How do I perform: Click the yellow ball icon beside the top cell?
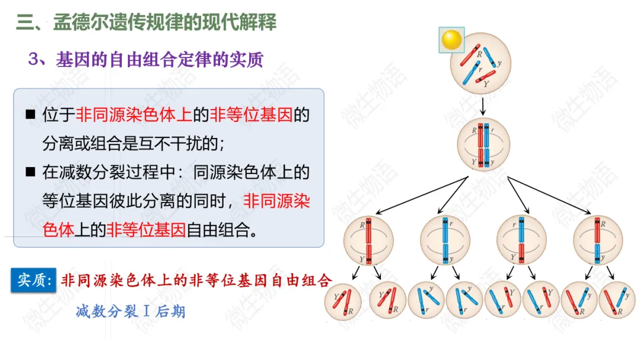tap(451, 40)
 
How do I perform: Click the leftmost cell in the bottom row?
tap(343, 301)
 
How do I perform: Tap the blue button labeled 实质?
tap(34, 280)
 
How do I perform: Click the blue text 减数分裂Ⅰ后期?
tap(130, 311)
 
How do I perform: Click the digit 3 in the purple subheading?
tap(34, 60)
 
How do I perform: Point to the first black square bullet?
tap(30, 114)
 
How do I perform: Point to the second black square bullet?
tap(30, 172)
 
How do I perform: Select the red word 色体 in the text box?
tap(59, 230)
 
